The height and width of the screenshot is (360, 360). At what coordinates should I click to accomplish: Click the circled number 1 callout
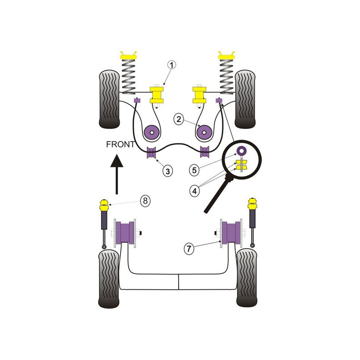pyautogui.click(x=171, y=65)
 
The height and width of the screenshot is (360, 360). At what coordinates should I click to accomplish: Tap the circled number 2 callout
pyautogui.click(x=179, y=119)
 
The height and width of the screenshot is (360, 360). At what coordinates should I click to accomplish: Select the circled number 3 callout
pyautogui.click(x=167, y=171)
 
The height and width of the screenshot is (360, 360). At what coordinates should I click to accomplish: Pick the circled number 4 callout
pyautogui.click(x=194, y=190)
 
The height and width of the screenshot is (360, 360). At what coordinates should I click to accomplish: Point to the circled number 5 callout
pyautogui.click(x=194, y=170)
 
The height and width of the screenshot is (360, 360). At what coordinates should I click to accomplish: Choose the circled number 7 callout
pyautogui.click(x=189, y=248)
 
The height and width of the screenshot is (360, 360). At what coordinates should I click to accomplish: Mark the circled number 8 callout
pyautogui.click(x=145, y=201)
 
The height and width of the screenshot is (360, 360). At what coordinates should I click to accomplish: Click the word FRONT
pyautogui.click(x=121, y=144)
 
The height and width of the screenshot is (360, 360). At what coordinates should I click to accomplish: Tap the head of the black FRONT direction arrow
pyautogui.click(x=117, y=161)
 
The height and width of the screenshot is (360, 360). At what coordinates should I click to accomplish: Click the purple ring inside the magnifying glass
pyautogui.click(x=242, y=150)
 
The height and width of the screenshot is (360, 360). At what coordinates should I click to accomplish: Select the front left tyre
pyautogui.click(x=109, y=99)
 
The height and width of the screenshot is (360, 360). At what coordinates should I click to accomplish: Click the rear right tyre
pyautogui.click(x=247, y=278)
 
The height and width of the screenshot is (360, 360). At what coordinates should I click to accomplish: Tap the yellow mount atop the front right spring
pyautogui.click(x=227, y=55)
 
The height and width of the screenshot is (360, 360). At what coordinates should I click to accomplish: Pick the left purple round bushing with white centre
pyautogui.click(x=152, y=132)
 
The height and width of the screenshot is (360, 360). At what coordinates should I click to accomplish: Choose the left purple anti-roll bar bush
pyautogui.click(x=151, y=152)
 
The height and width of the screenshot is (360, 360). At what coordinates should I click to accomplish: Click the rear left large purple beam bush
pyautogui.click(x=125, y=233)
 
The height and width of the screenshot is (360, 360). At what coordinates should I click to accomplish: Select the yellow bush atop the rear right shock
pyautogui.click(x=252, y=203)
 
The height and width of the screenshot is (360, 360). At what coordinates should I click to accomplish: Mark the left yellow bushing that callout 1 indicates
pyautogui.click(x=157, y=95)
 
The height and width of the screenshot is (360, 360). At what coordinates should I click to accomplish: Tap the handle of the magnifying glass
pyautogui.click(x=218, y=195)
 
